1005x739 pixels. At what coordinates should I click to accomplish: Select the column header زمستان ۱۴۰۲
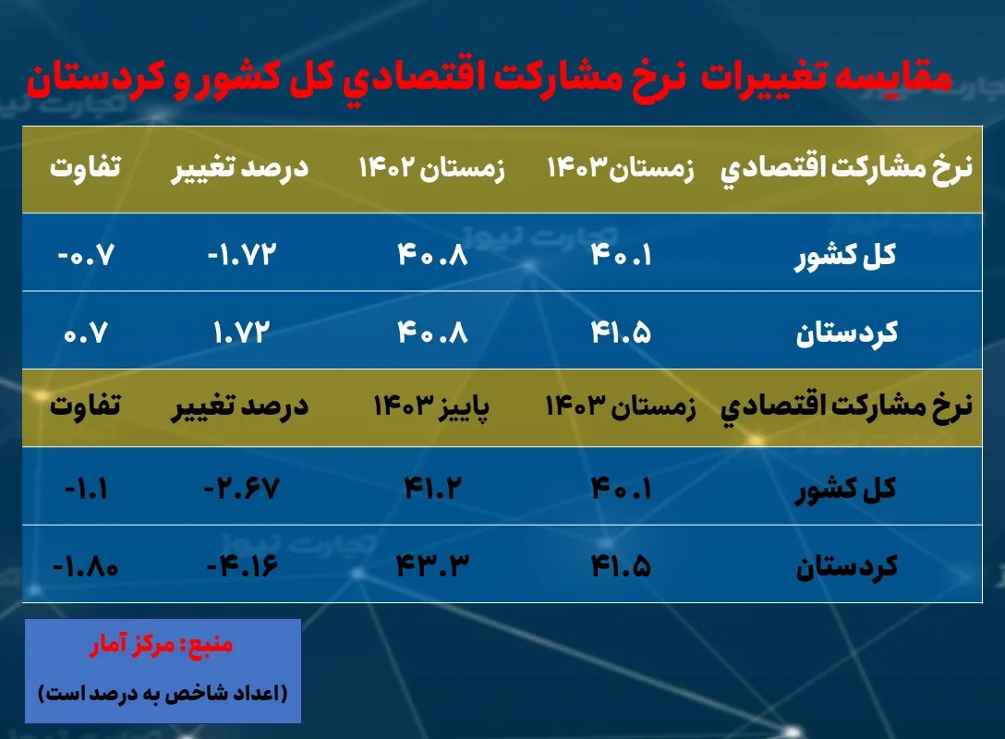[432, 170]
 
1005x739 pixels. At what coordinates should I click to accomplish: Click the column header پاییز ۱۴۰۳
[432, 406]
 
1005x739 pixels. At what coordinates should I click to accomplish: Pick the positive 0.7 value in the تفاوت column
[89, 332]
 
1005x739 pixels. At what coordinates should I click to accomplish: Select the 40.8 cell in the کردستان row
[432, 332]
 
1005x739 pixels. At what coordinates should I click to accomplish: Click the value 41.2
[432, 486]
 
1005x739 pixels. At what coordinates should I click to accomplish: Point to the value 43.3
[432, 563]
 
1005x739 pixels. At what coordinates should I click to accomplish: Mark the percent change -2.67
[235, 486]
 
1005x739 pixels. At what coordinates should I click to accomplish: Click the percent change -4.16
[235, 563]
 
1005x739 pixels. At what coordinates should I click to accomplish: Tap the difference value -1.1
[87, 486]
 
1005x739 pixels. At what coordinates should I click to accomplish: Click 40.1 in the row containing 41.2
[621, 486]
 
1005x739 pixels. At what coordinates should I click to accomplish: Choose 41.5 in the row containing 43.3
[621, 563]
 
